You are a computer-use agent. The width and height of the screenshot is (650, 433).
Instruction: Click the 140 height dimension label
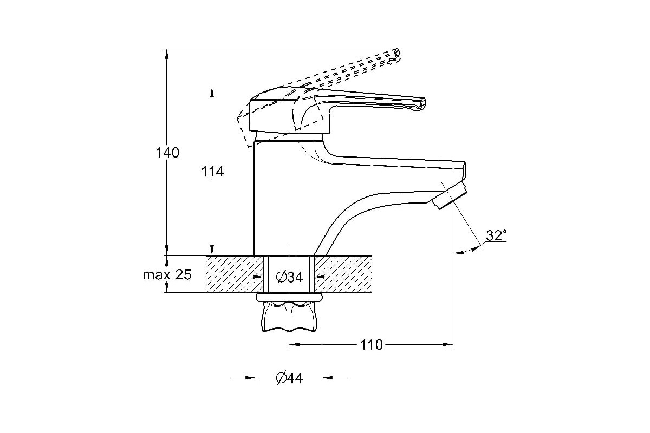(167, 153)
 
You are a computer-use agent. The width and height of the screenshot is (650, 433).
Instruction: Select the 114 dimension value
(213, 172)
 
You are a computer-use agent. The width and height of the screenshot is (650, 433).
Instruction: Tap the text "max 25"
(167, 274)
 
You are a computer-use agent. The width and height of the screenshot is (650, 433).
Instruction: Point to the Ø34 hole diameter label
(289, 277)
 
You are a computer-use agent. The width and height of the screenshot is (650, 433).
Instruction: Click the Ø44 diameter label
(289, 378)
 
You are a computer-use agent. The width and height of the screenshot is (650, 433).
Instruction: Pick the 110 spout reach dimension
(372, 345)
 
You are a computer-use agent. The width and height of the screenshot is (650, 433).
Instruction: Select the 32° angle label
(497, 235)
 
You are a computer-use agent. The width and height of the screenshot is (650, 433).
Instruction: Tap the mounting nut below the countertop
(289, 316)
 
